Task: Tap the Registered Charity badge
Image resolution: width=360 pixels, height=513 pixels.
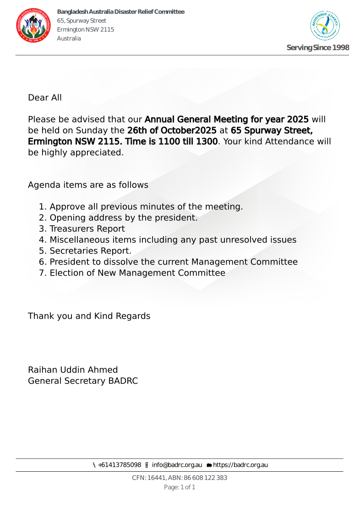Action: click(x=325, y=26)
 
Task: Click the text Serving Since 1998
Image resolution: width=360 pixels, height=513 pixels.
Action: click(x=317, y=48)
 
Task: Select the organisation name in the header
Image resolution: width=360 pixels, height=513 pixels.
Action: click(x=120, y=12)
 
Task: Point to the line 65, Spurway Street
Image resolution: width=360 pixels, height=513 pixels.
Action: click(x=82, y=21)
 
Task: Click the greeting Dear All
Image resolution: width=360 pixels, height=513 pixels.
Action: click(x=45, y=98)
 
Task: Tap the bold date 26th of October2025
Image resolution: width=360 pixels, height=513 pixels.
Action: click(x=172, y=131)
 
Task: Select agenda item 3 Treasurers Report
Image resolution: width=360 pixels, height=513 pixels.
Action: click(x=87, y=229)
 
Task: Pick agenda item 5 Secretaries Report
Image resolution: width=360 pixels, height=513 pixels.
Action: click(x=90, y=251)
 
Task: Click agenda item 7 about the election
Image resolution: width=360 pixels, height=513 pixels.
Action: click(x=137, y=273)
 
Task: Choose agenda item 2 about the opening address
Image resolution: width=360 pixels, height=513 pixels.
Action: click(x=123, y=218)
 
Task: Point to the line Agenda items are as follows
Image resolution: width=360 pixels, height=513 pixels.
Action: click(x=88, y=185)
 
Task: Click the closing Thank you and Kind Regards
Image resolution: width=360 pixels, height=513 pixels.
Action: click(x=89, y=316)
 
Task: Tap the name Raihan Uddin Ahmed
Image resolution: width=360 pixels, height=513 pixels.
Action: click(x=73, y=370)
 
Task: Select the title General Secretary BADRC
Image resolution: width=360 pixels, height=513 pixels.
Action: click(x=83, y=381)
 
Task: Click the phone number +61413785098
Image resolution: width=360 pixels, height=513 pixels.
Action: click(x=120, y=465)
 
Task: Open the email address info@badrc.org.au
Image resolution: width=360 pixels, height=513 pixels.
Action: click(x=177, y=465)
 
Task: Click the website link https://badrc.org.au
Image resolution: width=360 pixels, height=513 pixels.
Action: click(x=240, y=465)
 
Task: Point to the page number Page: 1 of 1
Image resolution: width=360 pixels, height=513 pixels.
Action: click(x=180, y=487)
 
